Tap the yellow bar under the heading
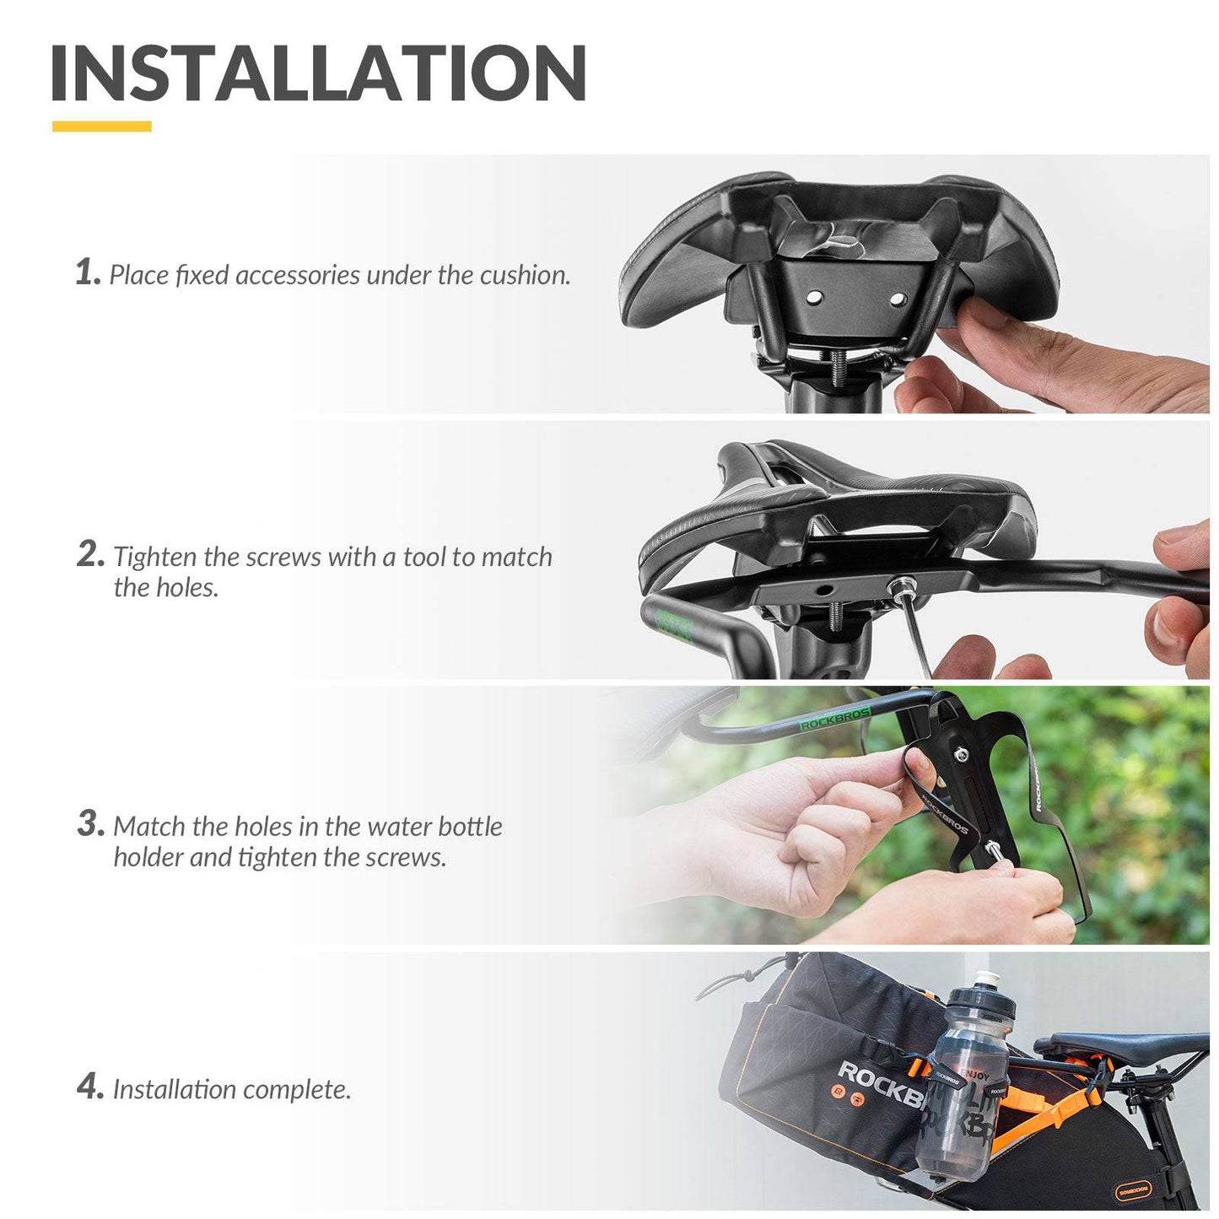click(x=101, y=127)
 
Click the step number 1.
click(x=87, y=272)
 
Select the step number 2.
click(x=90, y=554)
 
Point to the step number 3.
click(x=90, y=823)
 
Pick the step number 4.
click(x=90, y=1087)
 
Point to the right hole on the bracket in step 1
click(x=897, y=299)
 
